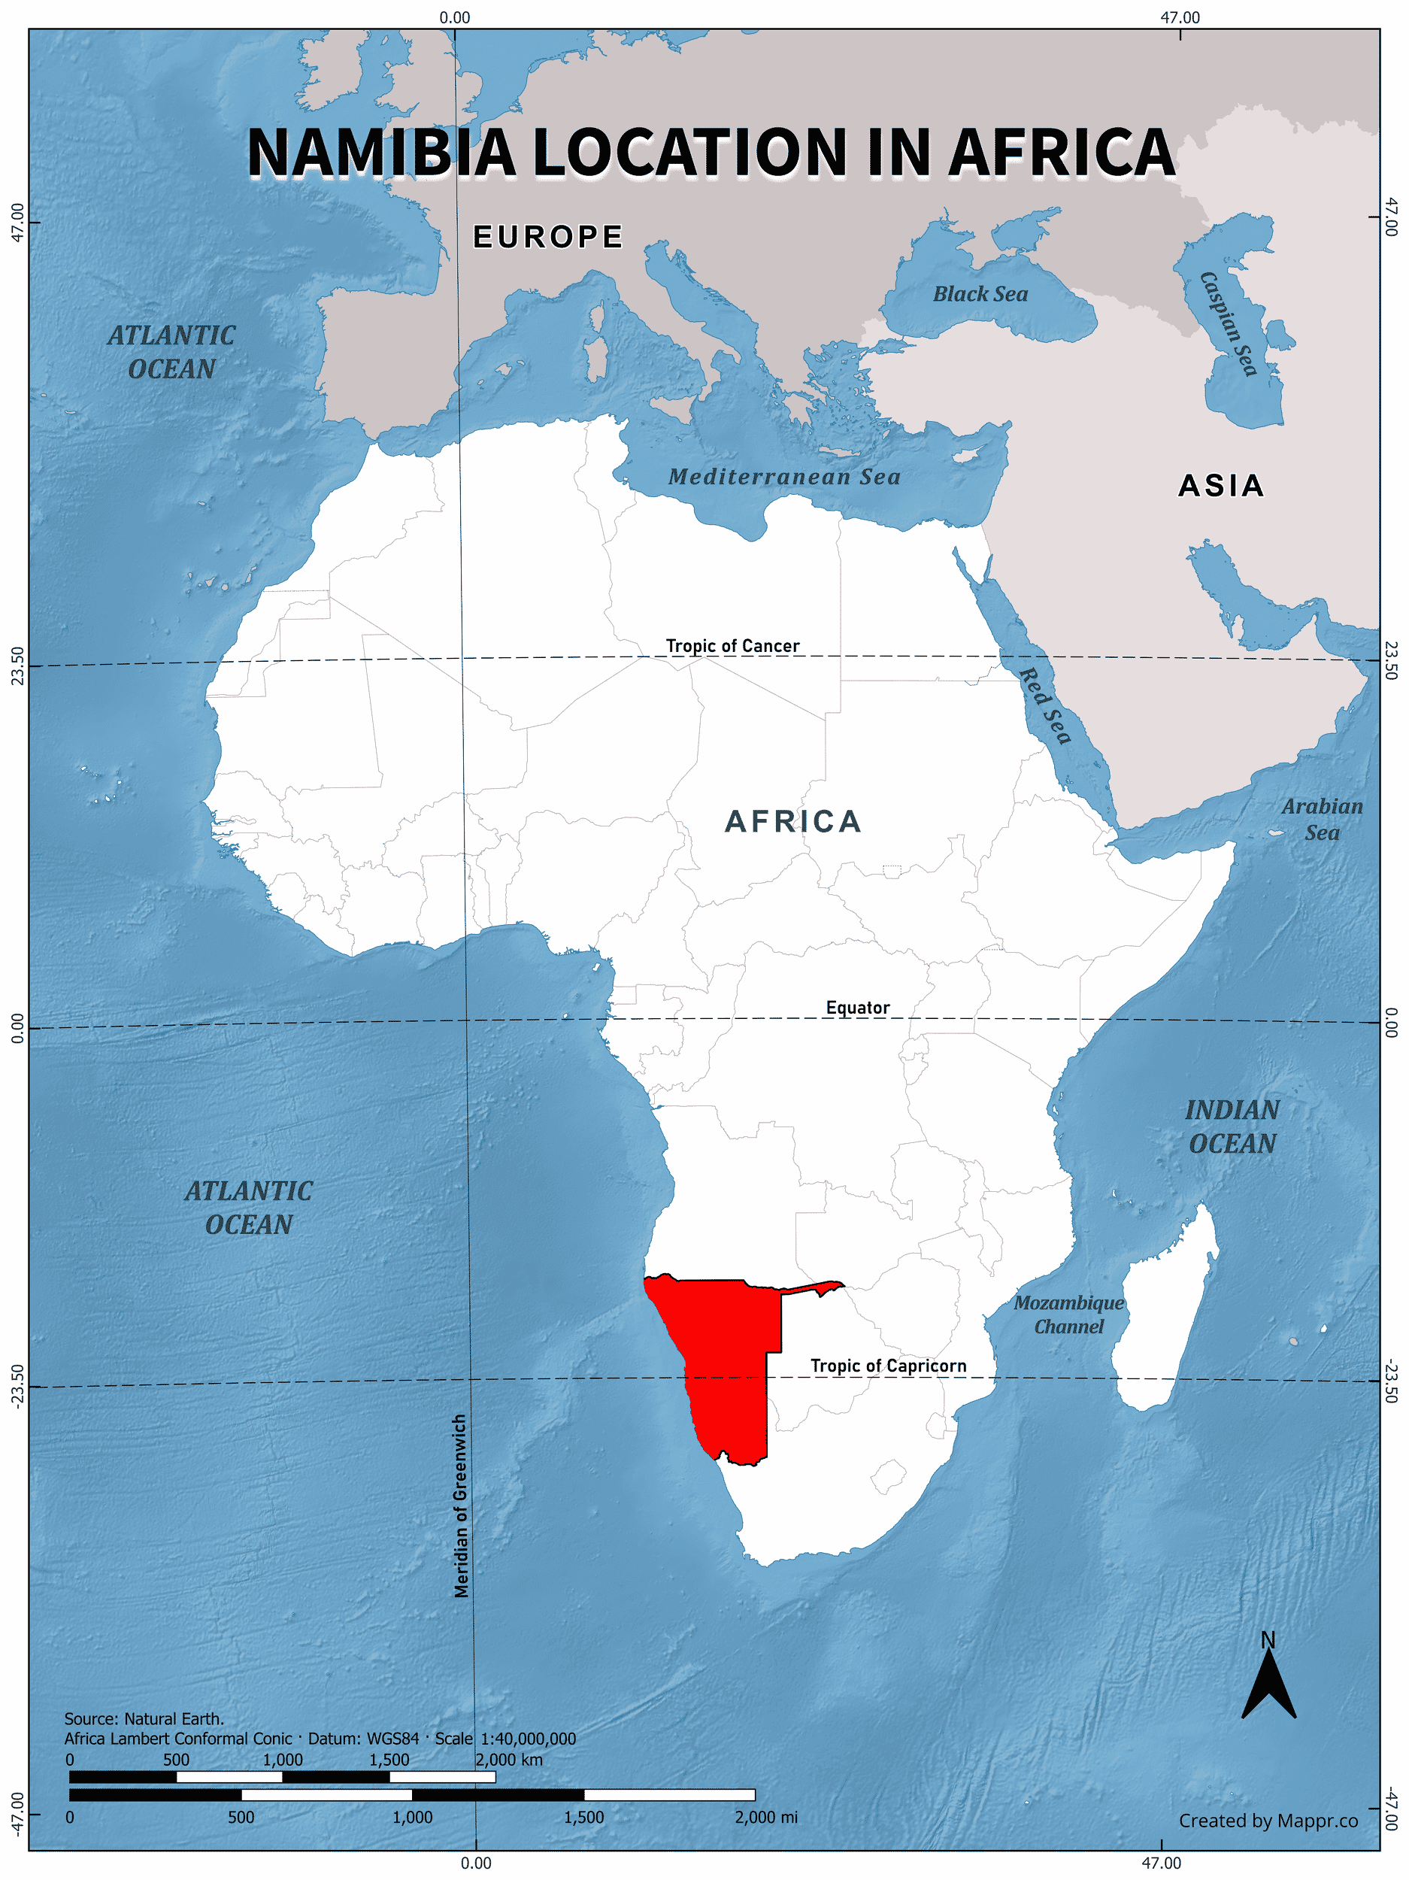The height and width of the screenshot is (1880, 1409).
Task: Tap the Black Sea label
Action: pyautogui.click(x=980, y=294)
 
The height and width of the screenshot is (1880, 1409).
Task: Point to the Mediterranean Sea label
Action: pyautogui.click(x=783, y=477)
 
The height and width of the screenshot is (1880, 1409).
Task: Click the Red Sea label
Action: pyautogui.click(x=1044, y=705)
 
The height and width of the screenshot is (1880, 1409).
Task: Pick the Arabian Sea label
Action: pyautogui.click(x=1322, y=820)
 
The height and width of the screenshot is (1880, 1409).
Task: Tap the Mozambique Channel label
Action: pyautogui.click(x=1068, y=1314)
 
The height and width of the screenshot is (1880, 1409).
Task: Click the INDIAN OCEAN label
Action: pyautogui.click(x=1232, y=1127)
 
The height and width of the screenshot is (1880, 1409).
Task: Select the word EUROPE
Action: pyautogui.click(x=548, y=237)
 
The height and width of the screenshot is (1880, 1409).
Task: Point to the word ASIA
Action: pyautogui.click(x=1221, y=486)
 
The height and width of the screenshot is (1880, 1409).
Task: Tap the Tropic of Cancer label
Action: pyautogui.click(x=732, y=646)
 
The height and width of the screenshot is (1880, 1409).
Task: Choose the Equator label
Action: pyautogui.click(x=857, y=1008)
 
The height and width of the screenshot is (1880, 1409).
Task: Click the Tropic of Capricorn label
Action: pyautogui.click(x=888, y=1366)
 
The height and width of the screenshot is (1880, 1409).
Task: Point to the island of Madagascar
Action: pyautogui.click(x=1164, y=1326)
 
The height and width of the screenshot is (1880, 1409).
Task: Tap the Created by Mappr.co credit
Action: pyautogui.click(x=1268, y=1821)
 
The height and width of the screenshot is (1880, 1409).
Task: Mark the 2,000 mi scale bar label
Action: pyautogui.click(x=765, y=1817)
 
